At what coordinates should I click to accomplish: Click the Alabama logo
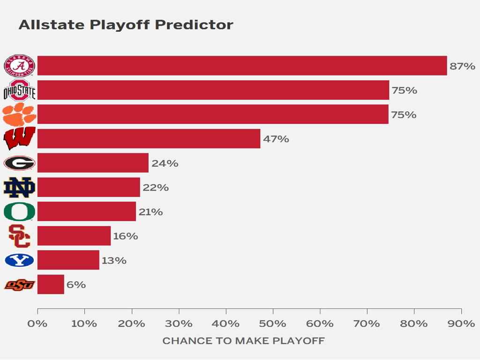tap(19, 66)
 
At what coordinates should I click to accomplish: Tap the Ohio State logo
tap(19, 90)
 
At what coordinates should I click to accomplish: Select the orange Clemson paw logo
tap(19, 115)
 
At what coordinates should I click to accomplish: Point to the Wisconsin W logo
tap(19, 139)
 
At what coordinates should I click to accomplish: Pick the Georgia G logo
tap(19, 163)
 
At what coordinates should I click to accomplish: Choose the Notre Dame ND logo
tap(19, 187)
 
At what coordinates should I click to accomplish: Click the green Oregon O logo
tap(19, 212)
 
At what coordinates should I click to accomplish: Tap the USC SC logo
tap(19, 236)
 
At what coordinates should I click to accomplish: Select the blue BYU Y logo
tap(19, 260)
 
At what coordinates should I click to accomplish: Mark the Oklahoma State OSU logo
tap(19, 285)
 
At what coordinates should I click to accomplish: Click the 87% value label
tap(462, 66)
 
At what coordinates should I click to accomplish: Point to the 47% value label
tap(276, 139)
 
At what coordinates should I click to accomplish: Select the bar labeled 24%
tap(93, 163)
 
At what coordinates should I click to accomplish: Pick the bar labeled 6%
tap(51, 285)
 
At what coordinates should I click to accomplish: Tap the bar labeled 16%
tap(74, 236)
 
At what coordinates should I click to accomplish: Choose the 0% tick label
tap(37, 324)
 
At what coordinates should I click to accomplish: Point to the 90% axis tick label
tap(461, 324)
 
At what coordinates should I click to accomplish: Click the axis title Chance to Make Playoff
tap(243, 341)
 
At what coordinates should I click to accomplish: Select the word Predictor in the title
tap(194, 25)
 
